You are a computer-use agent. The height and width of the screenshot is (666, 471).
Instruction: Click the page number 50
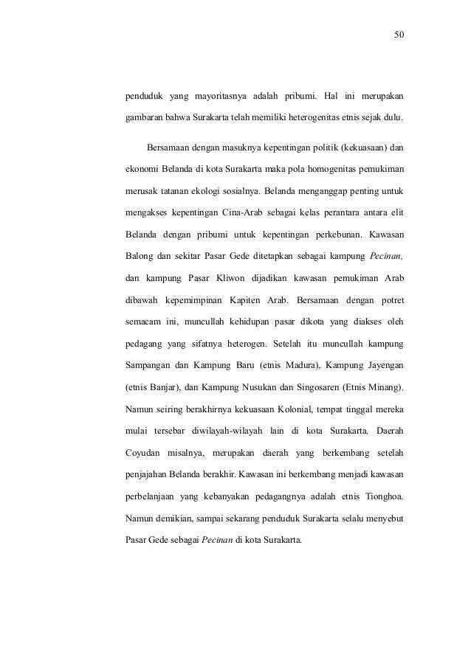pos(399,35)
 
